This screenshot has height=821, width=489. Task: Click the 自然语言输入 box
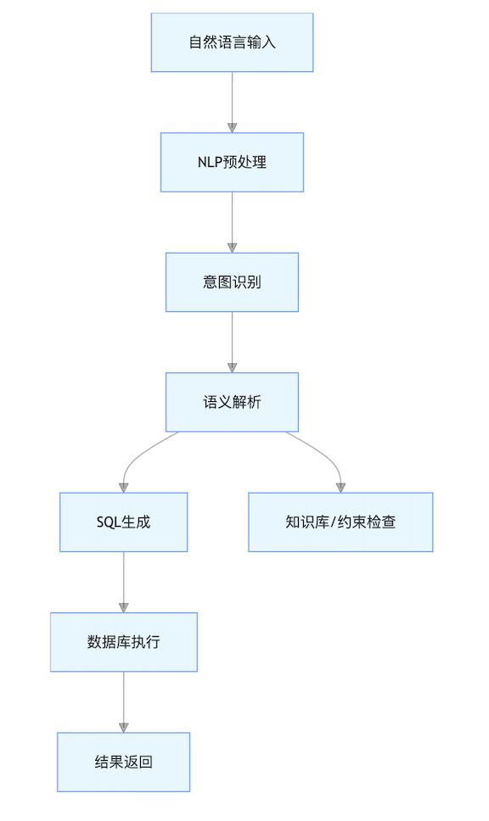pos(232,42)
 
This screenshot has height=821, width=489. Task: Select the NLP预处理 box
pos(232,162)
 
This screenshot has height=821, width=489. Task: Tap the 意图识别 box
pos(232,282)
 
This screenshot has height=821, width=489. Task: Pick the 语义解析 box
pos(232,402)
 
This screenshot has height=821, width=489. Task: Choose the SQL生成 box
pos(124,522)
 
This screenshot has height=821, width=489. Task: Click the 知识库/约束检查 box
pos(340,522)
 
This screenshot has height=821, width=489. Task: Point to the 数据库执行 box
pos(124,642)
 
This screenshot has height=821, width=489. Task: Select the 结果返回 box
pos(124,762)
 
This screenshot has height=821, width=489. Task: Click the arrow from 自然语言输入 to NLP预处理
pos(232,102)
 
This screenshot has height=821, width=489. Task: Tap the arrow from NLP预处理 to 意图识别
pos(232,222)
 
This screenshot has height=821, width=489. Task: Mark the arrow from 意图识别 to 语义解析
pos(232,343)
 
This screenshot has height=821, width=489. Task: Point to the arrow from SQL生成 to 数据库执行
pos(124,582)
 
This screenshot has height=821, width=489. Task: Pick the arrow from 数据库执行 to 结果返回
pos(124,702)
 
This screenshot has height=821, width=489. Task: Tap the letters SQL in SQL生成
pos(109,522)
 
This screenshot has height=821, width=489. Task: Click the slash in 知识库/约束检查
pos(334,522)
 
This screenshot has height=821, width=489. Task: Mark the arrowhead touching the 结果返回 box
pos(124,728)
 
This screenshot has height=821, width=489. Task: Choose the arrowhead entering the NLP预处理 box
pos(232,128)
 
